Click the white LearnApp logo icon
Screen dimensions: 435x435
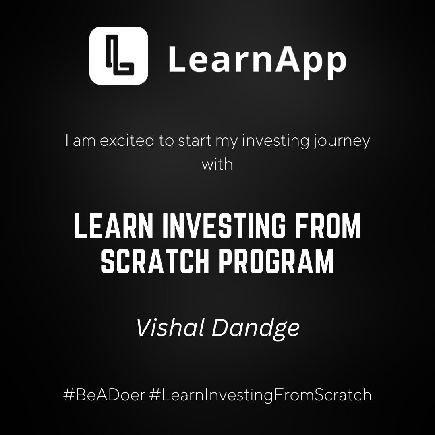[119, 56]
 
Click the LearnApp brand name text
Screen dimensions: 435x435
[257, 62]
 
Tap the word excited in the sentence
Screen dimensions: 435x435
[127, 141]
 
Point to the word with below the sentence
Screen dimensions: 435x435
[217, 164]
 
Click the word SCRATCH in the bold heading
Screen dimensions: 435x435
[155, 261]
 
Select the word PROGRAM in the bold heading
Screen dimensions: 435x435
[276, 261]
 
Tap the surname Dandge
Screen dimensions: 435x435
[256, 329]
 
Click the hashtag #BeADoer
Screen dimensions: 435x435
[104, 395]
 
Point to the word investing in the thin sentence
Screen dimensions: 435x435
[275, 141]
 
